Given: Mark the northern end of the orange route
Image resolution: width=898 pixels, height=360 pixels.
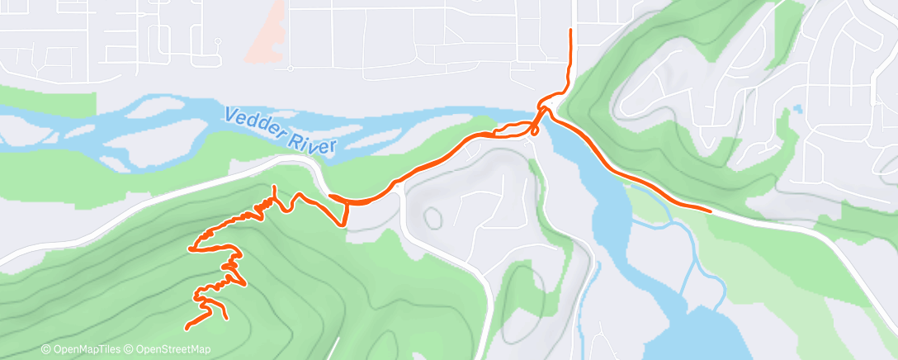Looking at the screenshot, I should click(x=570, y=31).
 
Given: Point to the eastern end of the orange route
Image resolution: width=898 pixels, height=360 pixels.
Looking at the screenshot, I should click(x=709, y=210).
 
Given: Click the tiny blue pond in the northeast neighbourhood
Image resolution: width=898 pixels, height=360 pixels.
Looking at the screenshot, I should click(x=796, y=108).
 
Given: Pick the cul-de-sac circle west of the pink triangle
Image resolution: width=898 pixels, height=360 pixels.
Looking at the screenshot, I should click(x=216, y=40).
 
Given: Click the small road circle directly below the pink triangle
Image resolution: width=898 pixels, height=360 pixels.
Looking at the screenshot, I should click(x=291, y=69).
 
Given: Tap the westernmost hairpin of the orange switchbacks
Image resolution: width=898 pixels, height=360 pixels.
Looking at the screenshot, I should click(x=191, y=248).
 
